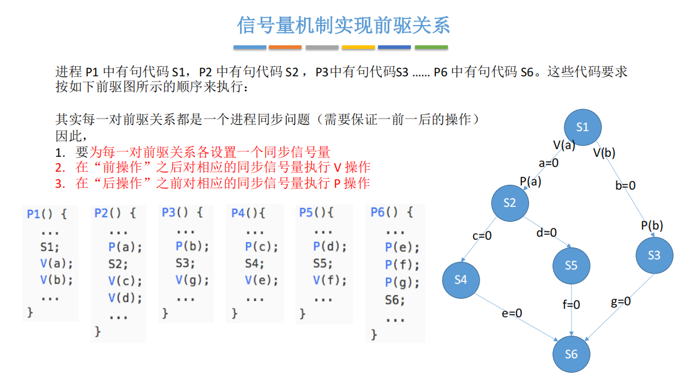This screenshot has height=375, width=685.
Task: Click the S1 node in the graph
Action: [583, 128]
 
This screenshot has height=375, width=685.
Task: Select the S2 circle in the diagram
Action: [510, 203]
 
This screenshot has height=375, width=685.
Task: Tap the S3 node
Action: [654, 255]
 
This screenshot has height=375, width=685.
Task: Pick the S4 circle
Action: [461, 280]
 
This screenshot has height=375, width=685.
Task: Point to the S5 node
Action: [572, 265]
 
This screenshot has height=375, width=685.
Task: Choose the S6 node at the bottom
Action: [572, 354]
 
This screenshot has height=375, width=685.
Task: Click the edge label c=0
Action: [482, 236]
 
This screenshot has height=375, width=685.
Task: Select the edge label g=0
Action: [621, 301]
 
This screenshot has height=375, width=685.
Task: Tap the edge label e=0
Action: [512, 313]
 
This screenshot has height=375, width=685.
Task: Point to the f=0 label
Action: [571, 305]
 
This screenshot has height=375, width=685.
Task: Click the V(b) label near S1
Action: [604, 153]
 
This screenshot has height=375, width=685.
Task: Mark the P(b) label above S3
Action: [652, 225]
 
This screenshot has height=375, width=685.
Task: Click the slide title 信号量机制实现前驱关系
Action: [343, 25]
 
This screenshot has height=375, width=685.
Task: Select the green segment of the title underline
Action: [431, 47]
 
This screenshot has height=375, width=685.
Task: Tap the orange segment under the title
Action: [285, 47]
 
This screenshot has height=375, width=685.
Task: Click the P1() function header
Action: [47, 214]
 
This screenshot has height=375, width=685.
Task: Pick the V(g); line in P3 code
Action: [192, 280]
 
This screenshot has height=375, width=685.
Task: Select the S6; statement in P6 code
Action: [395, 300]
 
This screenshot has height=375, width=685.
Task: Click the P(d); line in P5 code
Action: [330, 247]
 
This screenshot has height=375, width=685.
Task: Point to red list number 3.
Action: [60, 184]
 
